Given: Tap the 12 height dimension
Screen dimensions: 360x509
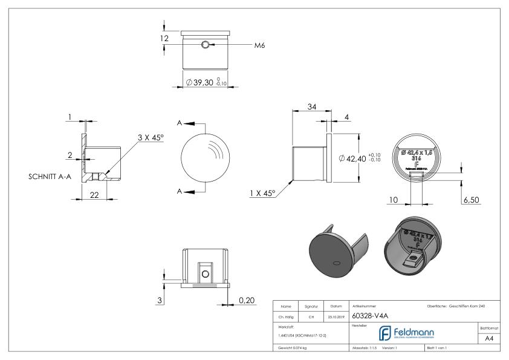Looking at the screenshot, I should pyautogui.click(x=164, y=39).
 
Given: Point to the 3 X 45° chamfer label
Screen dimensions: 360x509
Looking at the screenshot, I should pyautogui.click(x=151, y=138).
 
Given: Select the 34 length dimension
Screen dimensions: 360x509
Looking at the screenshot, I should pyautogui.click(x=311, y=107).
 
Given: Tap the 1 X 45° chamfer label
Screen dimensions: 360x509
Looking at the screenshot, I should pyautogui.click(x=262, y=193).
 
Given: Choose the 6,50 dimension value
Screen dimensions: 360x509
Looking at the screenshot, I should pyautogui.click(x=472, y=199).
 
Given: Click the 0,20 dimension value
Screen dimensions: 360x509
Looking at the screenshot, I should pyautogui.click(x=246, y=300).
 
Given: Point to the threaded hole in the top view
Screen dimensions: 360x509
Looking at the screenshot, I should pyautogui.click(x=206, y=45).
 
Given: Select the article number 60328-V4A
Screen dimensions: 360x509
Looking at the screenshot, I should pyautogui.click(x=369, y=316).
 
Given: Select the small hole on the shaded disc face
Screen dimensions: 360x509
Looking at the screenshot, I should pyautogui.click(x=335, y=263).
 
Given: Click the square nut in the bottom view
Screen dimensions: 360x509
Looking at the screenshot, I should pyautogui.click(x=205, y=273).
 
